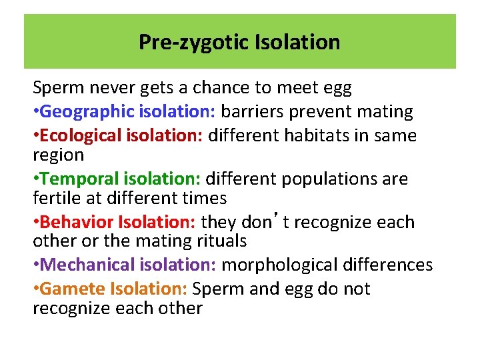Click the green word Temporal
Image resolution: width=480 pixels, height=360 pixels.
79,179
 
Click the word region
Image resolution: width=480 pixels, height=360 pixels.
59,155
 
